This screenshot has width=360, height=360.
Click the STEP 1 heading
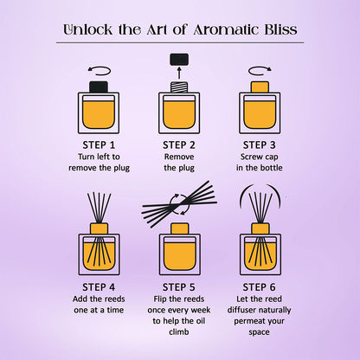pyautogui.click(x=99, y=145)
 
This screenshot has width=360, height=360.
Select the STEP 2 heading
pyautogui.click(x=179, y=145)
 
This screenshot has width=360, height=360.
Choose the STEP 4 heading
pyautogui.click(x=99, y=286)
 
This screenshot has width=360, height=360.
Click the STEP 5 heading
pyautogui.click(x=179, y=286)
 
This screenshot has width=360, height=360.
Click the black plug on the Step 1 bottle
pyautogui.click(x=99, y=87)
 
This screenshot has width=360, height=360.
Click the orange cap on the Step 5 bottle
pyautogui.click(x=179, y=228)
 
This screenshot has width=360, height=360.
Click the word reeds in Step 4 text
pyautogui.click(x=111, y=299)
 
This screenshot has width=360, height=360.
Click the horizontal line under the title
pyautogui.click(x=179, y=42)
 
